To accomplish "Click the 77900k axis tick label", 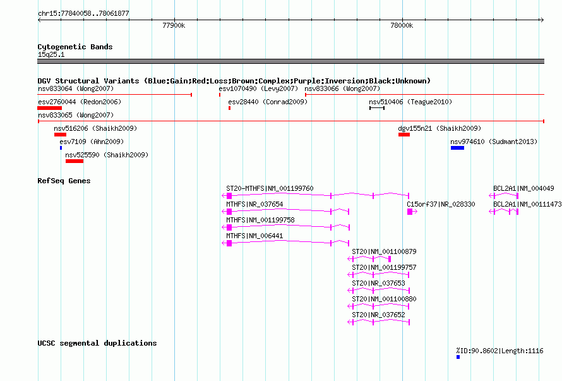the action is [x=174, y=25].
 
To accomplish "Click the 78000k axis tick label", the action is [x=402, y=25].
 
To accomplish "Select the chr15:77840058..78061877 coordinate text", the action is [x=83, y=13].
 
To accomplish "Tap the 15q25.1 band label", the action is [x=51, y=54].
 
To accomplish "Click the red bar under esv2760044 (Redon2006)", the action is [x=50, y=108].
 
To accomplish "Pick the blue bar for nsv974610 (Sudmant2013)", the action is [x=457, y=148].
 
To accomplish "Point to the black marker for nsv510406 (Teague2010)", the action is [x=377, y=108].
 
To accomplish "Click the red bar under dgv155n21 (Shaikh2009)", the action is [x=404, y=135].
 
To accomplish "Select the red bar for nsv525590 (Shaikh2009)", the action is [x=75, y=161].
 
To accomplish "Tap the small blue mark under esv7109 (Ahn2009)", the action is [x=61, y=148].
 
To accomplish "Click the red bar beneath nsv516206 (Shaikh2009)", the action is [x=60, y=135].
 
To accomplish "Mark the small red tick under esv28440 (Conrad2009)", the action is [x=229, y=108].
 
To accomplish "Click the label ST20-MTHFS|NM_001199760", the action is [x=270, y=188].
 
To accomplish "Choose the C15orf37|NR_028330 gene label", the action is [x=441, y=204].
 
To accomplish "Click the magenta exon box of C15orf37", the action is [x=410, y=212].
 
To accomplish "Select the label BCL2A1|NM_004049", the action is [x=523, y=188].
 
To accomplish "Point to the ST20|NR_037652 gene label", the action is [x=378, y=315].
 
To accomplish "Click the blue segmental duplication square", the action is [x=458, y=357].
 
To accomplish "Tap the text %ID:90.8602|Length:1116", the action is [x=499, y=351].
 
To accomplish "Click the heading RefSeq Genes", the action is [x=64, y=181].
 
